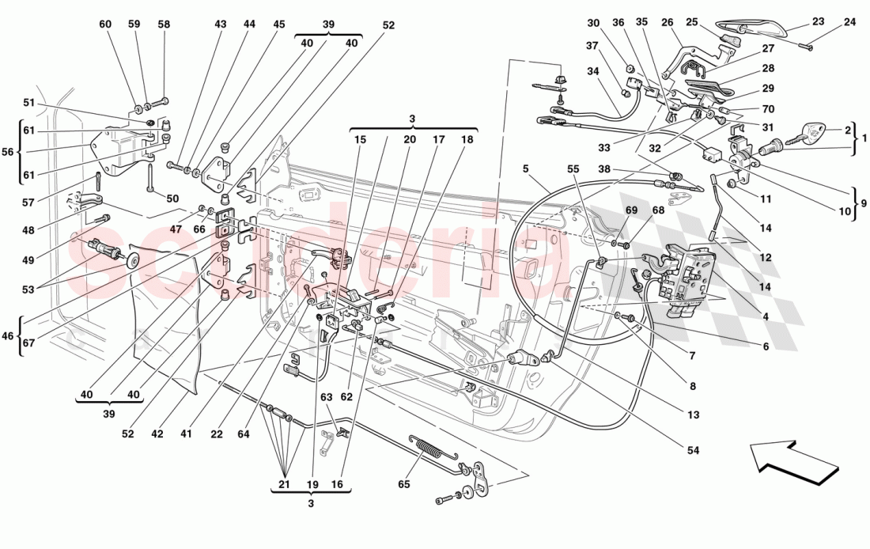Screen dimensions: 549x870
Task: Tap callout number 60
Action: (105, 25)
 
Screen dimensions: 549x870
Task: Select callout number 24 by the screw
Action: (849, 22)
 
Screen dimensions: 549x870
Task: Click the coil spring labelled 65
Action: (427, 450)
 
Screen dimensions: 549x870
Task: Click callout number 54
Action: (694, 450)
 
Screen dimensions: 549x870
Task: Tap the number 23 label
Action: (817, 22)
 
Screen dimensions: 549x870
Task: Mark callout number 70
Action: (768, 109)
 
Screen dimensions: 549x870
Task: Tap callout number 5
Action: (524, 168)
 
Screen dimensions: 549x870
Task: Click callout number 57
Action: (29, 203)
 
